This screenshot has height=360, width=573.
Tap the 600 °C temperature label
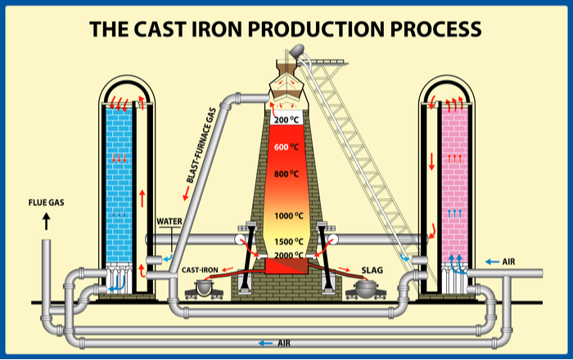286,146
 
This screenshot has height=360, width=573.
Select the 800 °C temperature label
286,173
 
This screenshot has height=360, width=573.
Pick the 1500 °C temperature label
286,241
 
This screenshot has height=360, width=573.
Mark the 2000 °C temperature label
286,254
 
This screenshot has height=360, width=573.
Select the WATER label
169,221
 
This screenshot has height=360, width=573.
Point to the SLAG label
372,269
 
